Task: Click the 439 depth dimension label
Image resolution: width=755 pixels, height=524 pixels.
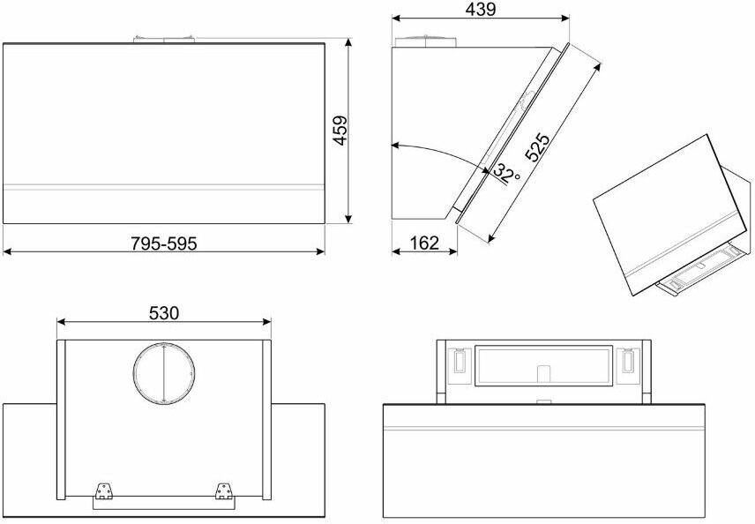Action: [x=481, y=9]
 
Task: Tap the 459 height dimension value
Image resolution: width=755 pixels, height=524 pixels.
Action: [x=340, y=130]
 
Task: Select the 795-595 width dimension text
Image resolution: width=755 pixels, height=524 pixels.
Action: [x=164, y=243]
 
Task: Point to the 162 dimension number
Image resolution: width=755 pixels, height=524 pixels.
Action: [x=424, y=243]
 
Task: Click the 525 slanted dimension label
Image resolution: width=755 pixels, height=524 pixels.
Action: [x=537, y=146]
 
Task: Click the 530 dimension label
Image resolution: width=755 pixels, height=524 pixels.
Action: [x=164, y=313]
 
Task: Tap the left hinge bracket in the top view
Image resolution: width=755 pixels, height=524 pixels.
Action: [x=103, y=490]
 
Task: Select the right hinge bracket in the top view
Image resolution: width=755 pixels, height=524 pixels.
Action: [x=223, y=490]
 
